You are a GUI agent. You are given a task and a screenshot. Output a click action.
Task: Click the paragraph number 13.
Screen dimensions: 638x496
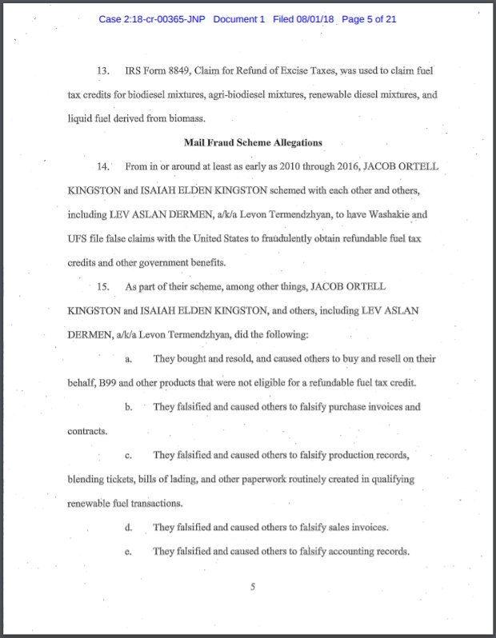[x=103, y=72]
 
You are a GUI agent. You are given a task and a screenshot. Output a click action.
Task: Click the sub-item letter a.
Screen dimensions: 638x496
[x=128, y=359]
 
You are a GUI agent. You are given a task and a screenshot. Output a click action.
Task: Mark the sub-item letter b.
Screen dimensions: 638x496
[x=128, y=408]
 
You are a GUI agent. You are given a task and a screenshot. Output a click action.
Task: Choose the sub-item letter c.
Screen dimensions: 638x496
[x=128, y=456]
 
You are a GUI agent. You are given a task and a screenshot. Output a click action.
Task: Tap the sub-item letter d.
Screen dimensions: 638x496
[x=128, y=528]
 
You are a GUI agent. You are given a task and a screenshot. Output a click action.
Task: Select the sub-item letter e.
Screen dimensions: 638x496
[x=128, y=552]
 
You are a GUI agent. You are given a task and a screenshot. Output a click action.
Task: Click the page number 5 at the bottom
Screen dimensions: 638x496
[x=252, y=588]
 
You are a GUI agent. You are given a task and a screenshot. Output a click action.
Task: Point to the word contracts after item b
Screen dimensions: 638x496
[x=86, y=432]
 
